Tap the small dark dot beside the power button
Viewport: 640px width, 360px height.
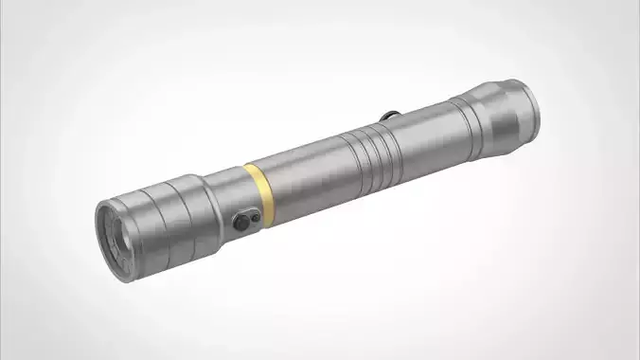tap(254, 216)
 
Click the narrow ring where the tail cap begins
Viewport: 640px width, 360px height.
tap(453, 117)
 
